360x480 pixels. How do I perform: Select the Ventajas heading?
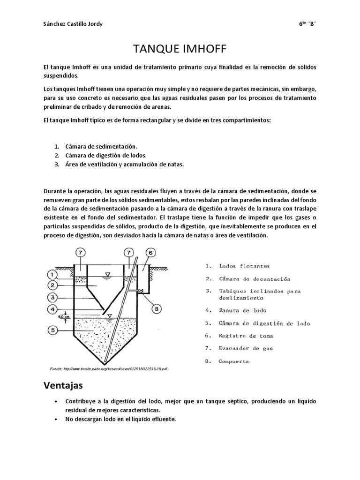pyautogui.click(x=63, y=386)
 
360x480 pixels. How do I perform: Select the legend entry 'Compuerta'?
pyautogui.click(x=234, y=361)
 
